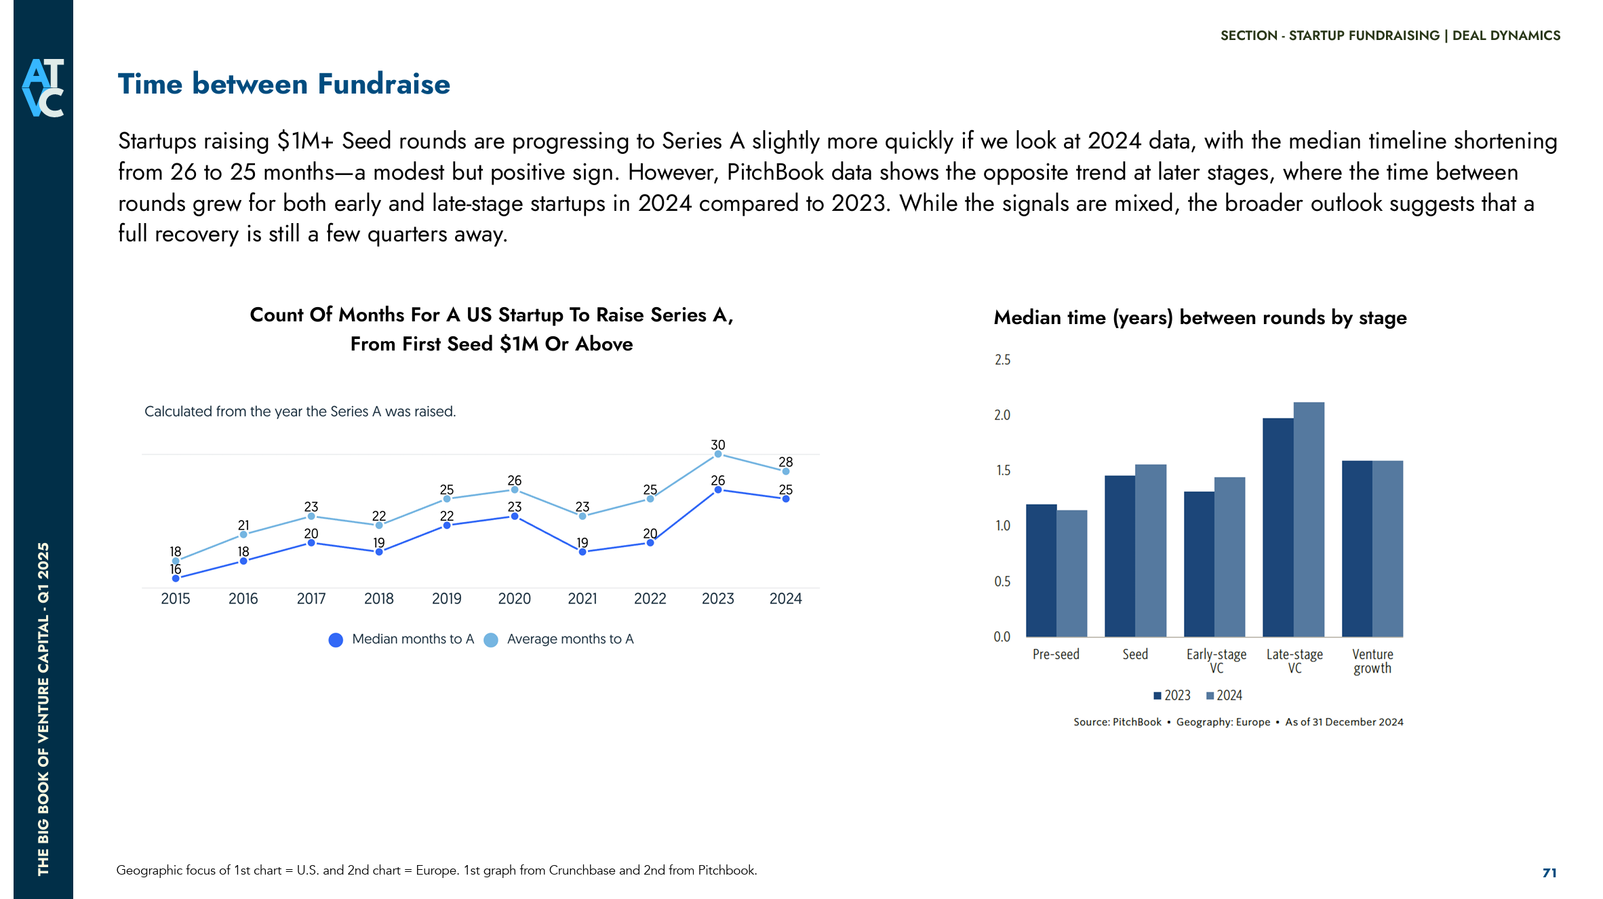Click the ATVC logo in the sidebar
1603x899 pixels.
coord(43,87)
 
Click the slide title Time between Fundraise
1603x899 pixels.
coord(283,84)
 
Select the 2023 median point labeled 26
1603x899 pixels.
coord(717,490)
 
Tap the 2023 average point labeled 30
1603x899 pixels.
coord(717,454)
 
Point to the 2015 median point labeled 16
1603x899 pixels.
coord(176,578)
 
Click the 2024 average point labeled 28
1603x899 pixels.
coord(785,471)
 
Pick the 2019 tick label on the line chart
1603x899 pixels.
coord(446,599)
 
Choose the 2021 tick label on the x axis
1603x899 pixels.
coord(582,599)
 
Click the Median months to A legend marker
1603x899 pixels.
coord(336,639)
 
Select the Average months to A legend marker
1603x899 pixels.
coord(491,639)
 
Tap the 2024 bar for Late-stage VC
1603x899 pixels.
coord(1308,519)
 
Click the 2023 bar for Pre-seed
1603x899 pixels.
coord(1041,570)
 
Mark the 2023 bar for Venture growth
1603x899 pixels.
coord(1357,548)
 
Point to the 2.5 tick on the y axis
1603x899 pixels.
coord(1002,360)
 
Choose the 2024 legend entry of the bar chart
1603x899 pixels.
coord(1224,696)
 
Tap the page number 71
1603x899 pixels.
coord(1549,873)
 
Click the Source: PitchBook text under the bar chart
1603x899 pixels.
coord(1117,722)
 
